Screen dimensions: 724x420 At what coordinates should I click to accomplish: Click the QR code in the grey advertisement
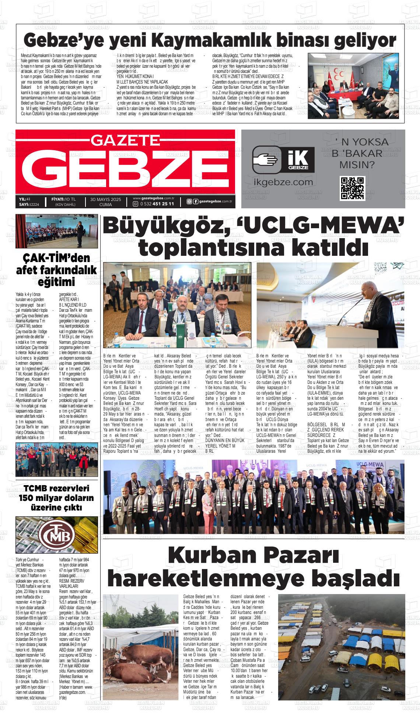click(x=352, y=188)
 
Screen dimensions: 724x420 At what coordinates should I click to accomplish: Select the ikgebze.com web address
click(x=283, y=182)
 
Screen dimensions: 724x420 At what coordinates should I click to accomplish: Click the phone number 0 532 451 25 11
click(x=156, y=204)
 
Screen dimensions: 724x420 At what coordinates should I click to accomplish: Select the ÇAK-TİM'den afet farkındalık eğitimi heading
click(x=56, y=270)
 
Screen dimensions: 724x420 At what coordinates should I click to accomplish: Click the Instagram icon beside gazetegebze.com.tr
click(x=189, y=201)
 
